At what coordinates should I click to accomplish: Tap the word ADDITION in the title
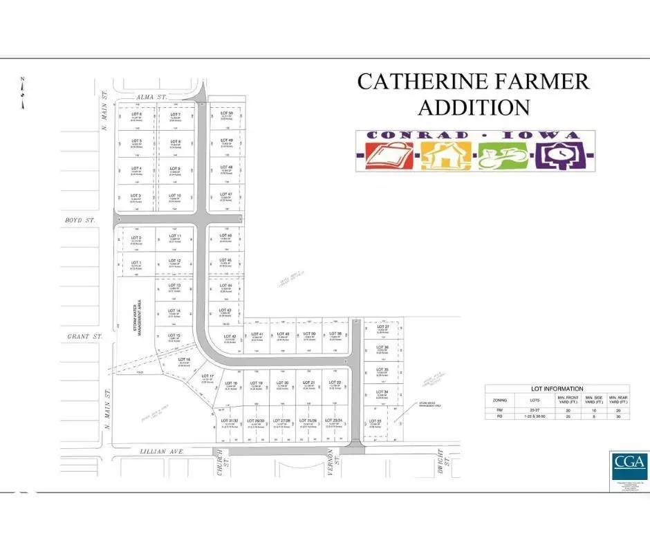coord(474,107)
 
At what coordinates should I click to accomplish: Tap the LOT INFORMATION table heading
coord(557,389)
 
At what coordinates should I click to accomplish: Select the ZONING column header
coord(499,400)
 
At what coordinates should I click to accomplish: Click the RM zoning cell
coord(499,411)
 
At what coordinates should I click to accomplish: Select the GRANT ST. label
coord(84,337)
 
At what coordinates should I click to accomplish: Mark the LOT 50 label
coord(225,113)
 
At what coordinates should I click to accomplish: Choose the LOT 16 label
coord(184,360)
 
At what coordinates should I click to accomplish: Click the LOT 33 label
coord(375,421)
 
